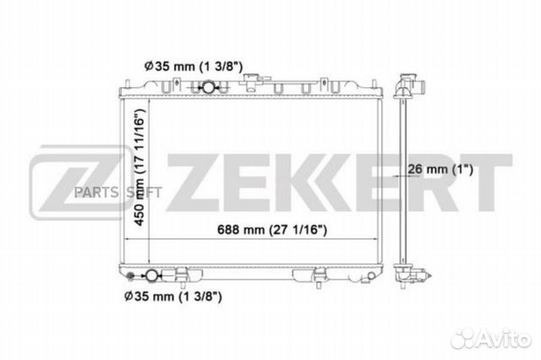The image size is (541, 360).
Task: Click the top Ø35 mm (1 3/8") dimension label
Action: pos(194,66)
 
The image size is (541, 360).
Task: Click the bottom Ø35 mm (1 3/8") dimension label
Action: pos(172,296)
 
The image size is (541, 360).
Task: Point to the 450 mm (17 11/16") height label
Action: pos(139,167)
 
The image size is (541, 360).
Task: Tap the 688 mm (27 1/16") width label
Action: pos(272,229)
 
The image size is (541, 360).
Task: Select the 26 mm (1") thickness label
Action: pos(440,169)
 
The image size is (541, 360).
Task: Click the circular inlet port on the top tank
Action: pos(209,87)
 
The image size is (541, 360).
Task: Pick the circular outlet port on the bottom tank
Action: pos(151,275)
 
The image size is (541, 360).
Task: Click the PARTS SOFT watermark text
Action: pos(118,193)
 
